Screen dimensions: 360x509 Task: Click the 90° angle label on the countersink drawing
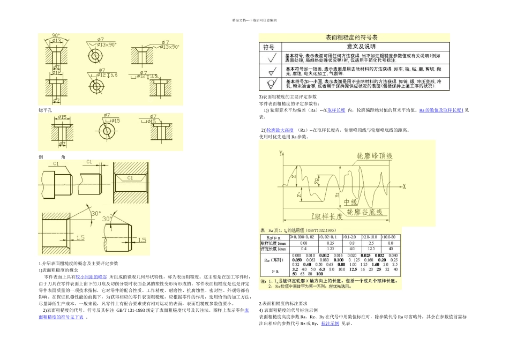click(x=56, y=35)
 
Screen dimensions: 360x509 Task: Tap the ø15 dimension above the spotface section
click(x=62, y=117)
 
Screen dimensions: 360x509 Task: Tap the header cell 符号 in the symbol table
click(x=268, y=47)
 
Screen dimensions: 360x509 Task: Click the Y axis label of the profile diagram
click(x=280, y=153)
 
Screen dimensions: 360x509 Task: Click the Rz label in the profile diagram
click(x=337, y=194)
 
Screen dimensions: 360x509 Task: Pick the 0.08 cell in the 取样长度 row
click(x=304, y=243)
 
